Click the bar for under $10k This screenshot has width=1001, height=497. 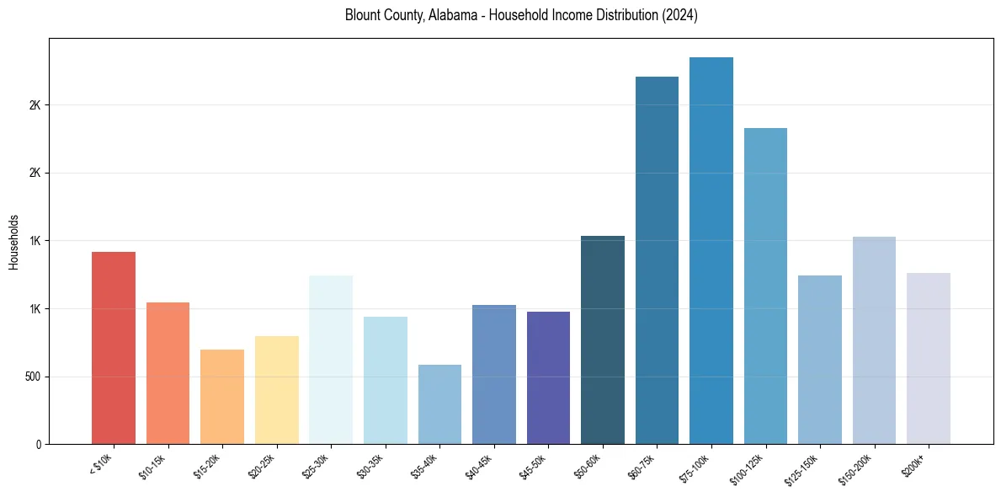click(114, 348)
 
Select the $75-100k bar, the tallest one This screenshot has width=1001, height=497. click(711, 251)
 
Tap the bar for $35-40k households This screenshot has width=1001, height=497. click(439, 404)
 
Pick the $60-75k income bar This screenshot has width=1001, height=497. click(657, 260)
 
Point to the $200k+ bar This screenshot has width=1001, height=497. click(928, 358)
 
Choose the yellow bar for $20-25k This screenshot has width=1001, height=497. click(276, 390)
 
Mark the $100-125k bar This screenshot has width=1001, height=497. click(765, 286)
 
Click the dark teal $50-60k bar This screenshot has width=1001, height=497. click(603, 340)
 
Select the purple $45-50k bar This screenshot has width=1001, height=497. click(548, 378)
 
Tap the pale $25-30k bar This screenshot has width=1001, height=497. click(331, 360)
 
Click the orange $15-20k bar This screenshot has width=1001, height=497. click(222, 397)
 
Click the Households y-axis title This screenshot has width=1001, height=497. click(13, 242)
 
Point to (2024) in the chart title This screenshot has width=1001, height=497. click(679, 16)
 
